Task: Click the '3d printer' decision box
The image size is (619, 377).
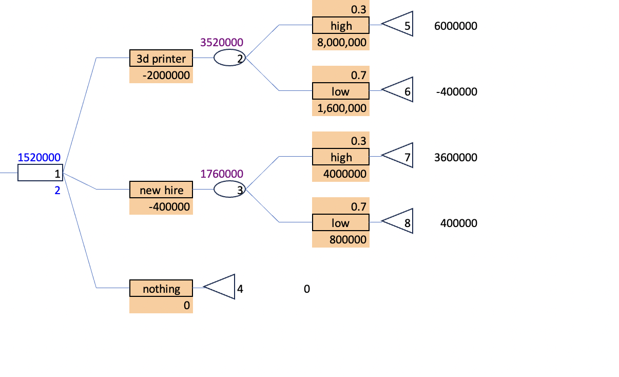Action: (x=161, y=59)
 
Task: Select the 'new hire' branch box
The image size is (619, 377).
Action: (x=161, y=190)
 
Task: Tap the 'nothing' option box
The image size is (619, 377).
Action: (x=161, y=289)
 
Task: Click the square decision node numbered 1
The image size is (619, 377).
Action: (x=40, y=173)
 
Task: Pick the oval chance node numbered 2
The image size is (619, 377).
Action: (x=229, y=58)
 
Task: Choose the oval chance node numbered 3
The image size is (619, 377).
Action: (x=229, y=190)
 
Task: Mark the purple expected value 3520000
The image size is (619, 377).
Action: (x=222, y=42)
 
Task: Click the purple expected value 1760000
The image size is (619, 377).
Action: (x=222, y=174)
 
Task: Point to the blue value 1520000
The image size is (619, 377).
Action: (x=39, y=157)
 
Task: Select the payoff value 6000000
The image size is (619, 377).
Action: (x=455, y=26)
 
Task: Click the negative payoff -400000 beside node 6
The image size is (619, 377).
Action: (x=456, y=91)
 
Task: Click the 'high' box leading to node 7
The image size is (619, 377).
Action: (x=341, y=157)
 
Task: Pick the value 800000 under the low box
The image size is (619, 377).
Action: (x=348, y=240)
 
